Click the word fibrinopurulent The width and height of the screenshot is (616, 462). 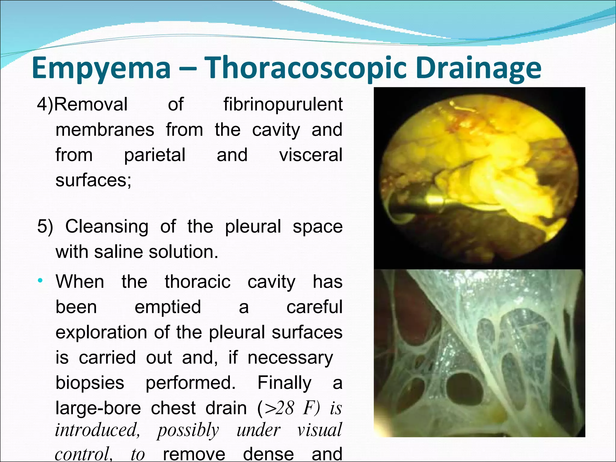pyautogui.click(x=283, y=104)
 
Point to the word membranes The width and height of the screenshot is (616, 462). pyautogui.click(x=105, y=130)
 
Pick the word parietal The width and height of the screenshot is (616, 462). pyautogui.click(x=155, y=155)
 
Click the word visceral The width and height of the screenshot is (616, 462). pyautogui.click(x=311, y=155)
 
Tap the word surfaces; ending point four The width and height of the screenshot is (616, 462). pyautogui.click(x=94, y=180)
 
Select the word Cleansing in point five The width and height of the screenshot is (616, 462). pyautogui.click(x=107, y=226)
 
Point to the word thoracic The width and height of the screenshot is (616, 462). pyautogui.click(x=198, y=282)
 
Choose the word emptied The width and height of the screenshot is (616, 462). pyautogui.click(x=168, y=307)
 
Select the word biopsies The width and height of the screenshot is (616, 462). pyautogui.click(x=90, y=383)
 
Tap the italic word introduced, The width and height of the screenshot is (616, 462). pyautogui.click(x=97, y=430)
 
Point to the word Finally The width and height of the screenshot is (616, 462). pyautogui.click(x=285, y=383)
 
